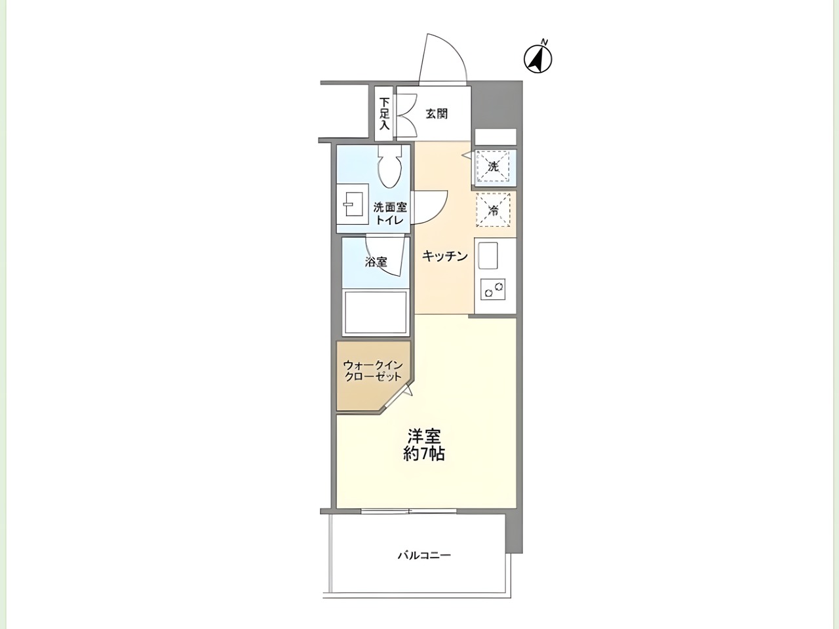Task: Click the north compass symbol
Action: click(x=537, y=59)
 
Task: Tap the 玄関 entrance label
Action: click(x=437, y=114)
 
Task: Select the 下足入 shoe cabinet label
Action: click(x=385, y=113)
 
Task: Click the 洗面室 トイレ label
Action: click(x=390, y=214)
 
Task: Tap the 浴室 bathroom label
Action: click(x=376, y=262)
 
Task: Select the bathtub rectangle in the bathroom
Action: click(x=376, y=313)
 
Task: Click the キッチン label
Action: click(x=445, y=256)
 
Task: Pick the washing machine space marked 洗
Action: click(x=494, y=167)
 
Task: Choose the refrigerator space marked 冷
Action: click(x=494, y=210)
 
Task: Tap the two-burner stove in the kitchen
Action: click(x=493, y=290)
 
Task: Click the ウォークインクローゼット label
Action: click(x=373, y=370)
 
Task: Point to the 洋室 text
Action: click(x=424, y=436)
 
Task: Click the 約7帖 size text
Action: click(x=424, y=455)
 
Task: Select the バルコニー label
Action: click(x=424, y=555)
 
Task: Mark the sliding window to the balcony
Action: click(x=408, y=511)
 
